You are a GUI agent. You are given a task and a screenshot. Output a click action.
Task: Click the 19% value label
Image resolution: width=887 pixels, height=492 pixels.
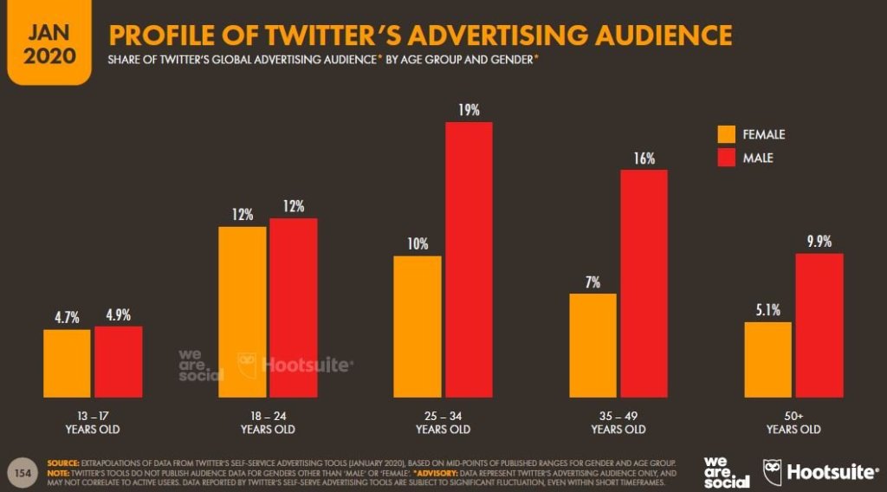click(x=469, y=110)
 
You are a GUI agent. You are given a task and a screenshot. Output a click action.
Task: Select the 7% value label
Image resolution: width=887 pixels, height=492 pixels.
click(x=592, y=282)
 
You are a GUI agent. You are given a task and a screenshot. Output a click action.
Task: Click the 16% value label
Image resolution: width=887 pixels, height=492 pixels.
click(x=644, y=159)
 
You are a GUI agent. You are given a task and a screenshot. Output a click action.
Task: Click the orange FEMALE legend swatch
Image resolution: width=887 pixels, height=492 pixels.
click(x=725, y=134)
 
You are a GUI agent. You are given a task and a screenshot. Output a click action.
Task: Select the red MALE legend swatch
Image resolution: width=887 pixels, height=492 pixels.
click(x=725, y=158)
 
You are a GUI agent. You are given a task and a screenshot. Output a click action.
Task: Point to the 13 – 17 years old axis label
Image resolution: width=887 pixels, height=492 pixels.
click(x=92, y=422)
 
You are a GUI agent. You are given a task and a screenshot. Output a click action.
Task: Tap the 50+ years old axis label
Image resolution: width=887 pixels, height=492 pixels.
click(x=793, y=422)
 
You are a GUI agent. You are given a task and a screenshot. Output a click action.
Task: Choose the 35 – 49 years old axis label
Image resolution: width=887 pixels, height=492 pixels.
click(x=618, y=422)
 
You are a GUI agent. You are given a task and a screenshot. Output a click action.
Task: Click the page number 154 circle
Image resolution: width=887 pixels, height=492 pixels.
click(x=20, y=471)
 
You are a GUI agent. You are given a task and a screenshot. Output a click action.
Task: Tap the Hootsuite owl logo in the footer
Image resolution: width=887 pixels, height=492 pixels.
click(x=773, y=472)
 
